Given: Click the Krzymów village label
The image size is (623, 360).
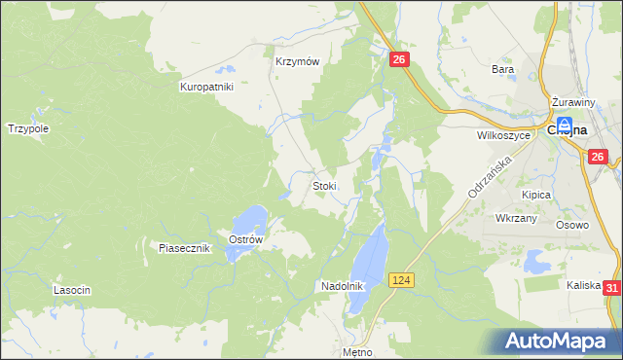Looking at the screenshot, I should pos(297,59).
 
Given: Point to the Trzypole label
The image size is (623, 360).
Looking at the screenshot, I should pos(28,127).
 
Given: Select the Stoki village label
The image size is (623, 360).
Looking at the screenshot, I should pos(324,185).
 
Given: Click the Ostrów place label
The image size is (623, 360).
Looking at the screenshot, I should pos(246,240).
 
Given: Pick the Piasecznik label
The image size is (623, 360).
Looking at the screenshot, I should pos(185,248).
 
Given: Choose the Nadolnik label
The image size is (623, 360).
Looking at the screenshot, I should pos(342,286).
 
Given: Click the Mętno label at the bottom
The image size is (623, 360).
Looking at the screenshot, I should pos(358,351).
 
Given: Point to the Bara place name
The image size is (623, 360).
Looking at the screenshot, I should pos(502,69).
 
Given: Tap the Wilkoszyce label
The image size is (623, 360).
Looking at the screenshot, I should pos(503,136).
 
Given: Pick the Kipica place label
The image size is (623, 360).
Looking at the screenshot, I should pos(535,195).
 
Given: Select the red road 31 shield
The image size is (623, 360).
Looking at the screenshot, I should pos(611,288).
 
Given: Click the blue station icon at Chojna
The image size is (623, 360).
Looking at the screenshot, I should pos(564,126).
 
